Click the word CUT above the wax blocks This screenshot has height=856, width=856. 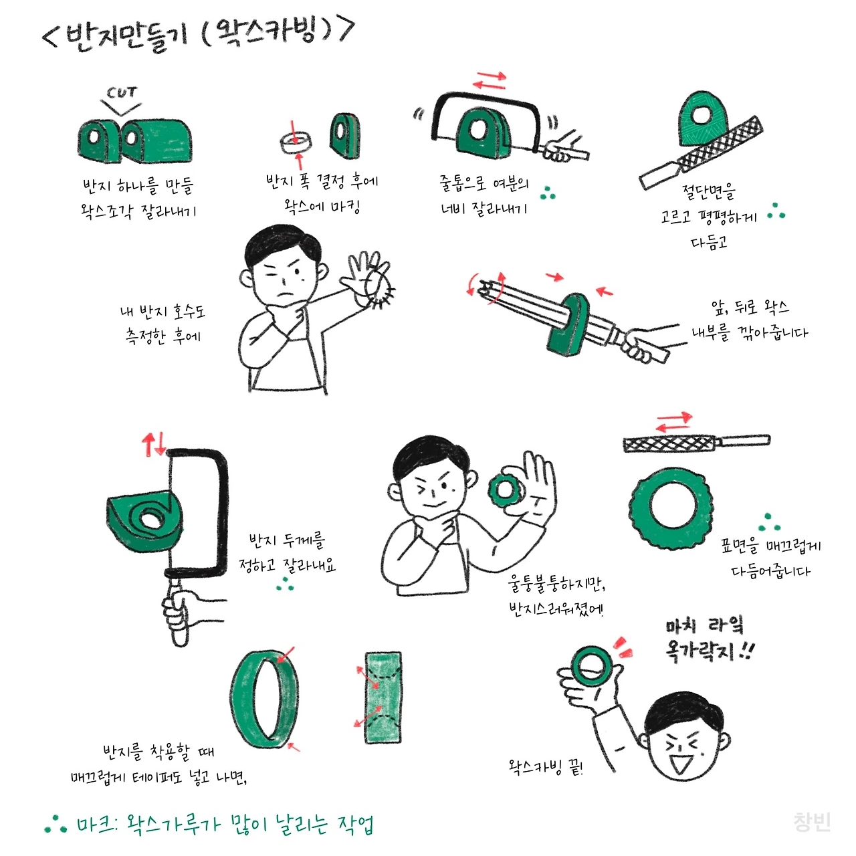(x=122, y=92)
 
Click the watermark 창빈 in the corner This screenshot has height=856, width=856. (x=812, y=822)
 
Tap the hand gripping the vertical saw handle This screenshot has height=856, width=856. (x=187, y=615)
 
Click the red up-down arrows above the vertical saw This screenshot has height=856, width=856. (x=153, y=443)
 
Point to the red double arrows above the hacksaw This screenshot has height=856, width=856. (x=489, y=80)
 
